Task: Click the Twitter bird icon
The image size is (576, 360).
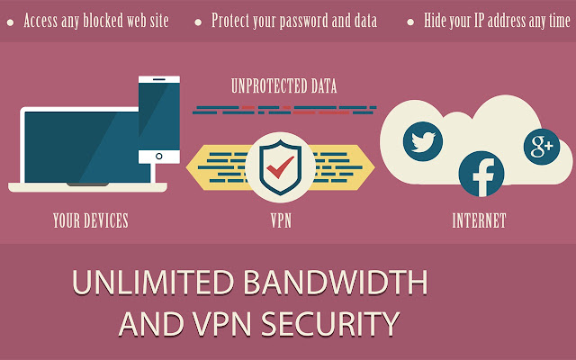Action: (x=423, y=140)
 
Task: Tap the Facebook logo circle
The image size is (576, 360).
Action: (x=481, y=174)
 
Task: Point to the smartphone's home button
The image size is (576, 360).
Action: (x=158, y=155)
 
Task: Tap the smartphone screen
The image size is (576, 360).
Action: (x=158, y=112)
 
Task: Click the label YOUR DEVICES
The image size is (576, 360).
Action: (x=90, y=220)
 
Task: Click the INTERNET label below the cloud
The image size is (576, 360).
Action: (x=479, y=220)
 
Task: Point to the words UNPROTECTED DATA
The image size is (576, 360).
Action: (x=283, y=87)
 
